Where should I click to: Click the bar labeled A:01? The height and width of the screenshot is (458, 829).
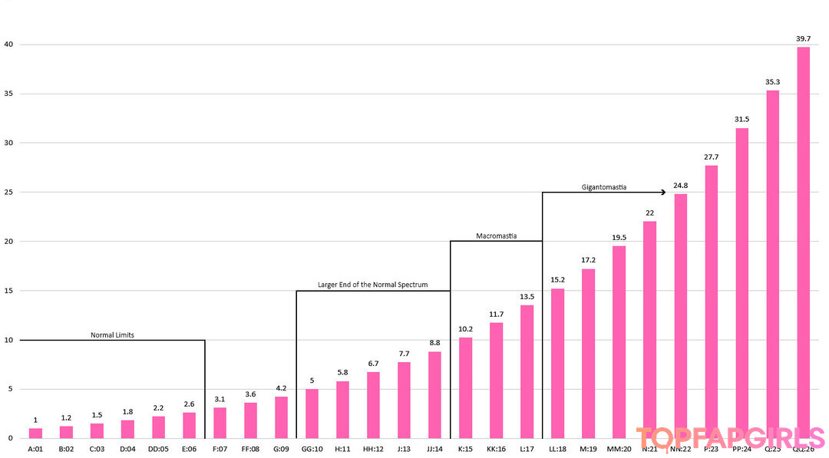[35, 433]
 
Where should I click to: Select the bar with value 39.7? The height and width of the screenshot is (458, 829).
[804, 242]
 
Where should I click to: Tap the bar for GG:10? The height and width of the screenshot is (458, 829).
[312, 414]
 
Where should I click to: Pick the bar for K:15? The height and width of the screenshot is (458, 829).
[465, 387]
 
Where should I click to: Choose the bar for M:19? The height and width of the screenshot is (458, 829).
[588, 353]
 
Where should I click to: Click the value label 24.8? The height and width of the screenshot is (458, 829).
[680, 185]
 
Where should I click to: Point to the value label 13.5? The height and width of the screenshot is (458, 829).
[527, 296]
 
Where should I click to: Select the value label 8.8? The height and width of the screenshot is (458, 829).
[434, 343]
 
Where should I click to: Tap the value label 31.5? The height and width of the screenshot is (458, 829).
[741, 119]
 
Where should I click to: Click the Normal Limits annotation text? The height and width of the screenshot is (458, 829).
[112, 334]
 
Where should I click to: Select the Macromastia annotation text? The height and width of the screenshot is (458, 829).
[496, 236]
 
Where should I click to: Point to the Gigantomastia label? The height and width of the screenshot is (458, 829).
[604, 186]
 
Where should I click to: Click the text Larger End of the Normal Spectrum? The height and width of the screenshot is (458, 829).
[373, 285]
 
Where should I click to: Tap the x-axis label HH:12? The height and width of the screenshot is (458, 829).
[373, 449]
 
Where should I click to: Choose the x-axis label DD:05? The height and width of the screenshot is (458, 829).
[158, 449]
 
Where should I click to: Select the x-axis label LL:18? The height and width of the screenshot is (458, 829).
[557, 449]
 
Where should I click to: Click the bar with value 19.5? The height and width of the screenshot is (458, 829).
[619, 341]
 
